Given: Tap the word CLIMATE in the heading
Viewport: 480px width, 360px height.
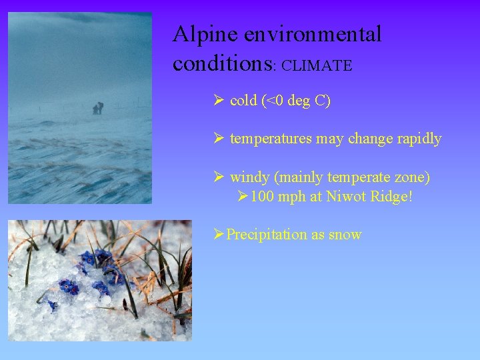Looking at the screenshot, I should [x=317, y=65].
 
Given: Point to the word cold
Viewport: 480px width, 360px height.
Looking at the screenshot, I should [x=243, y=101].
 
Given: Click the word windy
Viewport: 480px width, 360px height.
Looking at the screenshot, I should [x=249, y=177].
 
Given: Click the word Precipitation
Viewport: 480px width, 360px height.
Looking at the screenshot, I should [x=265, y=235].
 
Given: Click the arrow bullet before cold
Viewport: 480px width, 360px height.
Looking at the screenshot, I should [x=218, y=101].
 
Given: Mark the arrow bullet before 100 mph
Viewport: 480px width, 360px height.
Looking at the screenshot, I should [x=243, y=197].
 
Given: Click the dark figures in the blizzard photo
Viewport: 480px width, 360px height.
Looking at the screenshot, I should [x=97, y=108].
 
